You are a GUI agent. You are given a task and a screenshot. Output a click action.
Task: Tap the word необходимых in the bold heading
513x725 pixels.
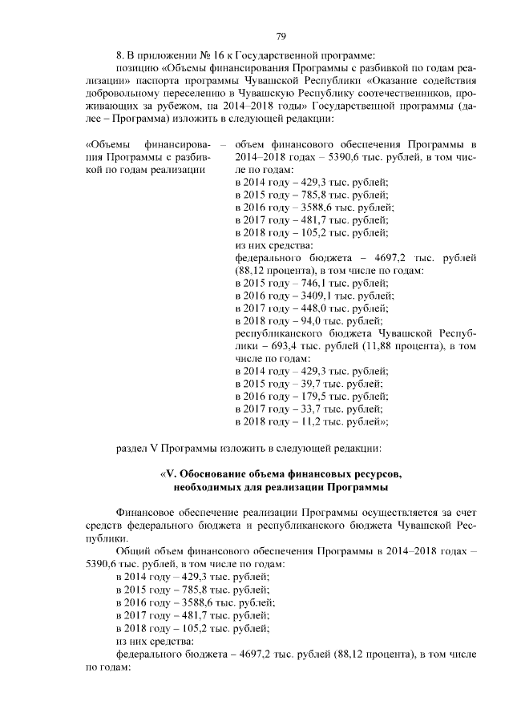[x=204, y=487]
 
